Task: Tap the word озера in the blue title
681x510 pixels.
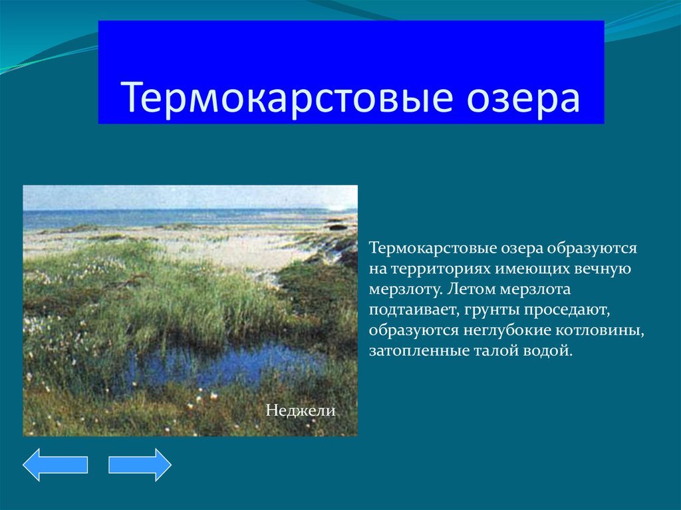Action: tap(523, 98)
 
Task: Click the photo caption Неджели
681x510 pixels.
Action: tap(301, 410)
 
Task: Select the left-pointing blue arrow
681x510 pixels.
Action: tap(55, 465)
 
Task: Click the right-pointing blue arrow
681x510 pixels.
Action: tap(140, 465)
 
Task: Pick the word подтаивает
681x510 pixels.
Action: tap(414, 310)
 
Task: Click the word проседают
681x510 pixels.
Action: tap(568, 310)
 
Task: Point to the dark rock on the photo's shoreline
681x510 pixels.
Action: tap(337, 226)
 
